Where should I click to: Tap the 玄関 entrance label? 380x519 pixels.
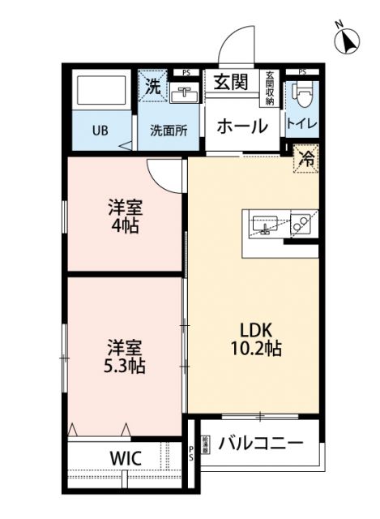tap(231, 82)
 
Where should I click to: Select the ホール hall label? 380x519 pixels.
tap(241, 126)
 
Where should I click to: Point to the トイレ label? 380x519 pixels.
tap(301, 127)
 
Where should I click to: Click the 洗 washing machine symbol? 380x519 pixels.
tap(152, 84)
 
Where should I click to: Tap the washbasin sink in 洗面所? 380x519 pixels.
tap(184, 95)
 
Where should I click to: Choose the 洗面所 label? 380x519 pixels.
tap(168, 130)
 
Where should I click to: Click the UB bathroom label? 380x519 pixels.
tap(100, 130)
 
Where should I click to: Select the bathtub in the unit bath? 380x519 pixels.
tap(100, 92)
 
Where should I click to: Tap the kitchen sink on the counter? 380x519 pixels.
tap(265, 224)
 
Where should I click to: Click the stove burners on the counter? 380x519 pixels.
tap(301, 224)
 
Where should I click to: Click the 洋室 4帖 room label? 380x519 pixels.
tap(125, 215)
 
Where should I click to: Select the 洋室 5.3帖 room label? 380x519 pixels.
tap(125, 357)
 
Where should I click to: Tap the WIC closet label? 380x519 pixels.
tap(125, 458)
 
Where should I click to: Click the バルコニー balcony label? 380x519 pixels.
tap(261, 444)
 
